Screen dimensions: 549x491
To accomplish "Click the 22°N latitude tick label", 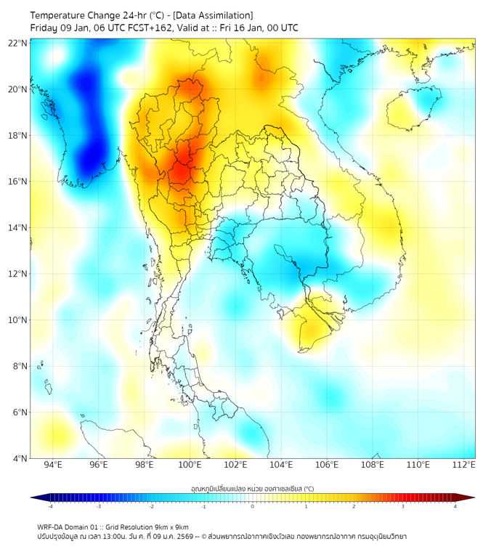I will coord(18,43).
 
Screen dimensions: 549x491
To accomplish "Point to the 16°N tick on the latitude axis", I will coord(18,182).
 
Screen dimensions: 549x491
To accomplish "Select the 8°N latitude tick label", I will coord(20,366).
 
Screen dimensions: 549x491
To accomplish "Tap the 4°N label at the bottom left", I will coord(20,458).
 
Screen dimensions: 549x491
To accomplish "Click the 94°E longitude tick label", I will coord(53,465).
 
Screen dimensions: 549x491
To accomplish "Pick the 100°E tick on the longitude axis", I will coord(190,465).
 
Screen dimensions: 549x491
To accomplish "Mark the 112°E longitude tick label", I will coord(464,465).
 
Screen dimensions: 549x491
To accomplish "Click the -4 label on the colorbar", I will coord(50,506).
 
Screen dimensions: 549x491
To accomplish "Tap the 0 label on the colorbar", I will coord(253,506).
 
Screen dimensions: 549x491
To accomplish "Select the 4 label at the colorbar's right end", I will coord(455,506).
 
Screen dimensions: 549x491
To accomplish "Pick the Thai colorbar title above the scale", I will coord(252,488).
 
